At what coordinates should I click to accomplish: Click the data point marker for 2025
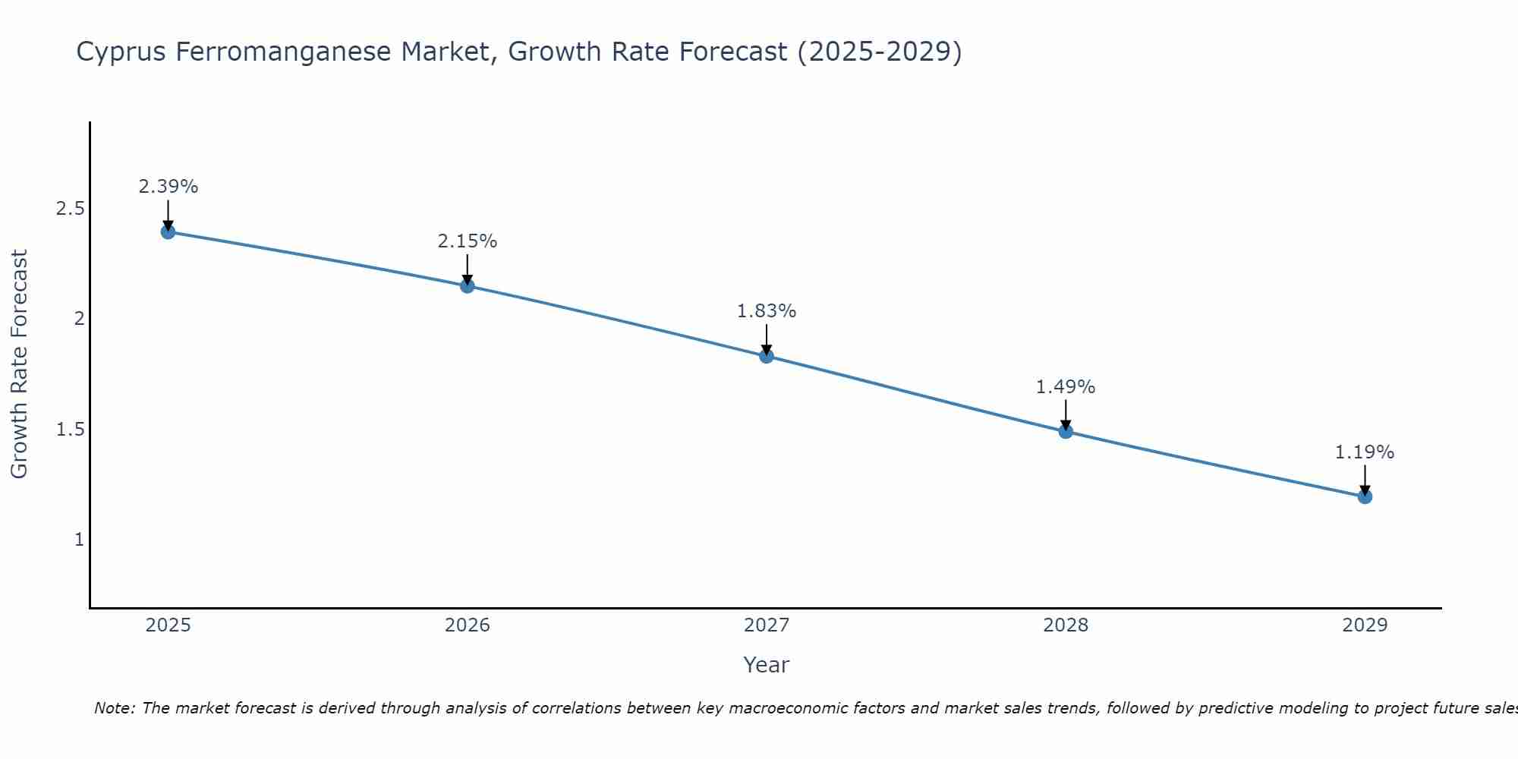coord(168,231)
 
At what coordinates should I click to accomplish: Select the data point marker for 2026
coord(468,286)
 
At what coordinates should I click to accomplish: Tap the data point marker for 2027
coord(767,356)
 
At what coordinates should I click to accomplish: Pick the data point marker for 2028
coord(1066,431)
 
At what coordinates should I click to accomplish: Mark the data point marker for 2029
coord(1365,496)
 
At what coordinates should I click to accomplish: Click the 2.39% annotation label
coord(168,187)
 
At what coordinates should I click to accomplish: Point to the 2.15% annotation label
coord(468,241)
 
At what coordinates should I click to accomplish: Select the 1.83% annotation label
coord(767,311)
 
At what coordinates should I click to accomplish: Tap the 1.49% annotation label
coord(1066,387)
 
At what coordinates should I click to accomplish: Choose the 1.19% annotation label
coord(1365,452)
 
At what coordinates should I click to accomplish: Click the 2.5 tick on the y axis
coord(71,209)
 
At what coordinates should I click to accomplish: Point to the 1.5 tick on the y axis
coord(71,430)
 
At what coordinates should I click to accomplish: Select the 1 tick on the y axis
coord(79,540)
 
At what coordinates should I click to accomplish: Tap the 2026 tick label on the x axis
coord(468,625)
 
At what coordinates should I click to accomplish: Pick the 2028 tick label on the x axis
coord(1066,625)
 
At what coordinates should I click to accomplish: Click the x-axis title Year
coord(767,665)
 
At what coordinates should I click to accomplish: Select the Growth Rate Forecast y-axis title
coord(19,364)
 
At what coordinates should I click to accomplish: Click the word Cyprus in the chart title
coord(121,52)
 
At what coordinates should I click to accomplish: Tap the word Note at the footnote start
coord(114,708)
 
